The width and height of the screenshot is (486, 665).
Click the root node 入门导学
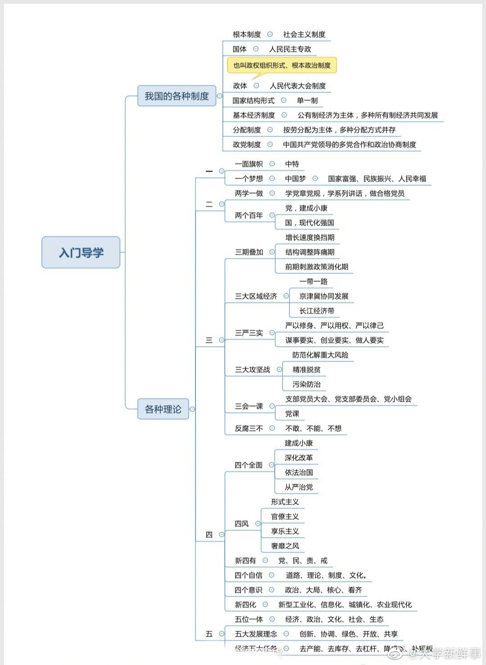pos(81,253)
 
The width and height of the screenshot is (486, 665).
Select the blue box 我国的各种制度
pos(177,96)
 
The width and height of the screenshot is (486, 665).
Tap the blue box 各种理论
pos(163,409)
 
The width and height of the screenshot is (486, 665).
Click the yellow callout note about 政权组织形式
pos(282,65)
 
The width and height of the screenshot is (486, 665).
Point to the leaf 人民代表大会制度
pos(298,86)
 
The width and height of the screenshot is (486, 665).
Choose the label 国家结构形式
pos(253,100)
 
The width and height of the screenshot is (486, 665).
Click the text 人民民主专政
pos(290,49)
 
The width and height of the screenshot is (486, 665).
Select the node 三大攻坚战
pos(252,370)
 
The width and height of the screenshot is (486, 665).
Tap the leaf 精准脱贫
pos(306,370)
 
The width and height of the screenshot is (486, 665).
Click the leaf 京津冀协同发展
pos(323,296)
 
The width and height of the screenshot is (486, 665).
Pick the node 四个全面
pos(248,465)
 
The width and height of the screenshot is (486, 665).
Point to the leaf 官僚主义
pos(285,516)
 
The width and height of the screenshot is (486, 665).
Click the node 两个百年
pos(249,216)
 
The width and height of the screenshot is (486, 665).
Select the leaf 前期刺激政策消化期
pos(316,267)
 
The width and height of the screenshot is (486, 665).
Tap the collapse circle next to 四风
pos(258,524)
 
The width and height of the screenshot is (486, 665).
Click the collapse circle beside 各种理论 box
pos(192,409)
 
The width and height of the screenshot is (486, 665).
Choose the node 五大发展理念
pos(256,634)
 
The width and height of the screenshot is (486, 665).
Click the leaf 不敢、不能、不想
pos(313,428)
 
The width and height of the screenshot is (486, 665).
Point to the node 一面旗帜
pos(249,164)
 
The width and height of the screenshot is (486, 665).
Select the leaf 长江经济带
pos(317,311)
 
